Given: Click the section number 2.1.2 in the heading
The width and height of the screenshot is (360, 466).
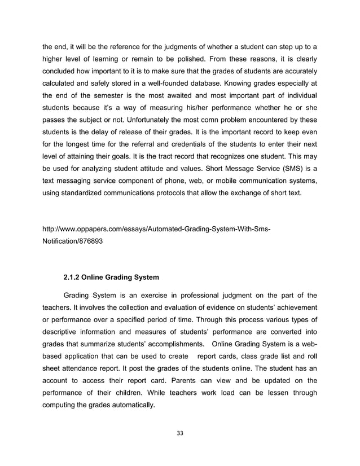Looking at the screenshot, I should pos(73,277).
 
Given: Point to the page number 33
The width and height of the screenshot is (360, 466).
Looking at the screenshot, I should pos(180,433).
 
